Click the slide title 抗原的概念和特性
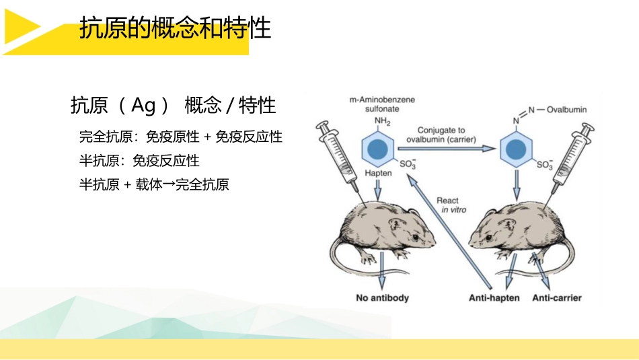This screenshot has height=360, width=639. pyautogui.click(x=175, y=29)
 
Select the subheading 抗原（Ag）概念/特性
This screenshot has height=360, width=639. pyautogui.click(x=173, y=106)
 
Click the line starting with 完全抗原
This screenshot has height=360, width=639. pyautogui.click(x=180, y=137)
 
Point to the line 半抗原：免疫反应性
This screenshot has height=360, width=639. pyautogui.click(x=139, y=161)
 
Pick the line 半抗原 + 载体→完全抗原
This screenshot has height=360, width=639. pyautogui.click(x=154, y=184)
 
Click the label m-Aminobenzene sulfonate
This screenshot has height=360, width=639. pyautogui.click(x=381, y=104)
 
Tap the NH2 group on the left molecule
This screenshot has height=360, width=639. pyautogui.click(x=382, y=121)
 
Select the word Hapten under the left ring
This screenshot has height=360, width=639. pyautogui.click(x=377, y=173)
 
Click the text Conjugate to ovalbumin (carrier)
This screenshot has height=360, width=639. pyautogui.click(x=441, y=135)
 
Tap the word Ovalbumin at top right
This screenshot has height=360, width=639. pyautogui.click(x=568, y=109)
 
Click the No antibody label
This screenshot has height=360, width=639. pyautogui.click(x=382, y=297)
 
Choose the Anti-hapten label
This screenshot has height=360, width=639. pyautogui.click(x=494, y=297)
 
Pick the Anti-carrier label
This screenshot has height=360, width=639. pyautogui.click(x=557, y=297)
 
